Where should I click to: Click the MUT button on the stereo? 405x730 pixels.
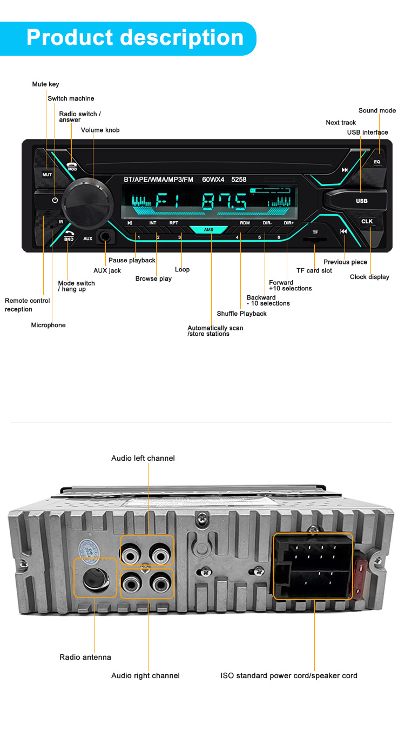47,175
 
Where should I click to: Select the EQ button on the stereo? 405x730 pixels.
377,162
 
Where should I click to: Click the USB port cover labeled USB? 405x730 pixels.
361,201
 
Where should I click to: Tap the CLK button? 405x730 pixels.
367,221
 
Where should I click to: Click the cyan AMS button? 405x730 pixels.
209,230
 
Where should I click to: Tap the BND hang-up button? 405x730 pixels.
69,236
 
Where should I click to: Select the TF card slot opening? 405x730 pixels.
315,238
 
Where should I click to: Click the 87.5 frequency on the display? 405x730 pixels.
224,203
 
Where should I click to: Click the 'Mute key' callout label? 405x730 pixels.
45,84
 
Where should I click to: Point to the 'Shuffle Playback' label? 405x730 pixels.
241,314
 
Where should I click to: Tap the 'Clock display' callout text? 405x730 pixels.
369,277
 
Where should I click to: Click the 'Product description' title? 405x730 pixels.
135,38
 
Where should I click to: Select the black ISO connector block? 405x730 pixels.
313,567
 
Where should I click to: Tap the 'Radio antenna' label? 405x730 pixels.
85,657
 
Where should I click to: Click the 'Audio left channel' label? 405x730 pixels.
143,458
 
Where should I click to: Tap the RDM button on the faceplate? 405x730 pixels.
245,223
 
